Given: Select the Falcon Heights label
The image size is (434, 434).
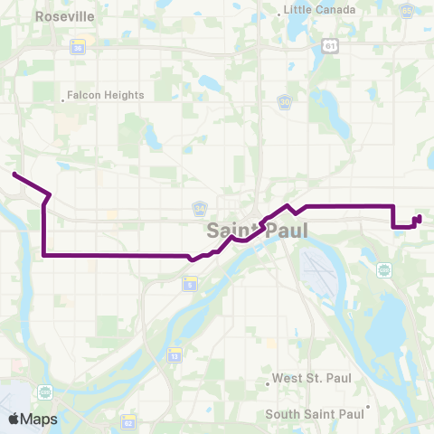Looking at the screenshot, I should click(x=107, y=95).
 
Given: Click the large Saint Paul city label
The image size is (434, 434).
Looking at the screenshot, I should click(x=257, y=231).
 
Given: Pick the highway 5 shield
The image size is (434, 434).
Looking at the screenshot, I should click(x=190, y=285).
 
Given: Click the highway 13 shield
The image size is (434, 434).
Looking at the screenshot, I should click(x=173, y=357).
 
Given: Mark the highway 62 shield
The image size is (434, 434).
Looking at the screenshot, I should click(x=129, y=422).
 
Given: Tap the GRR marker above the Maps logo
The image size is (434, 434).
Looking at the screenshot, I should click(x=44, y=392).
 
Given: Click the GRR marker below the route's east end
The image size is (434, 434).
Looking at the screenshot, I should click(x=384, y=269).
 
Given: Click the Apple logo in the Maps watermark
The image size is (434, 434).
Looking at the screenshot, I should click(x=14, y=419).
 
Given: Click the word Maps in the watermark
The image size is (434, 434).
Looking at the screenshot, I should click(x=39, y=419).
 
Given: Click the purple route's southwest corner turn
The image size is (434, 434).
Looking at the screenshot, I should click(x=43, y=255).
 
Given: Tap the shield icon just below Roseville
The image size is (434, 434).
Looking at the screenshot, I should click(x=79, y=49).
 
